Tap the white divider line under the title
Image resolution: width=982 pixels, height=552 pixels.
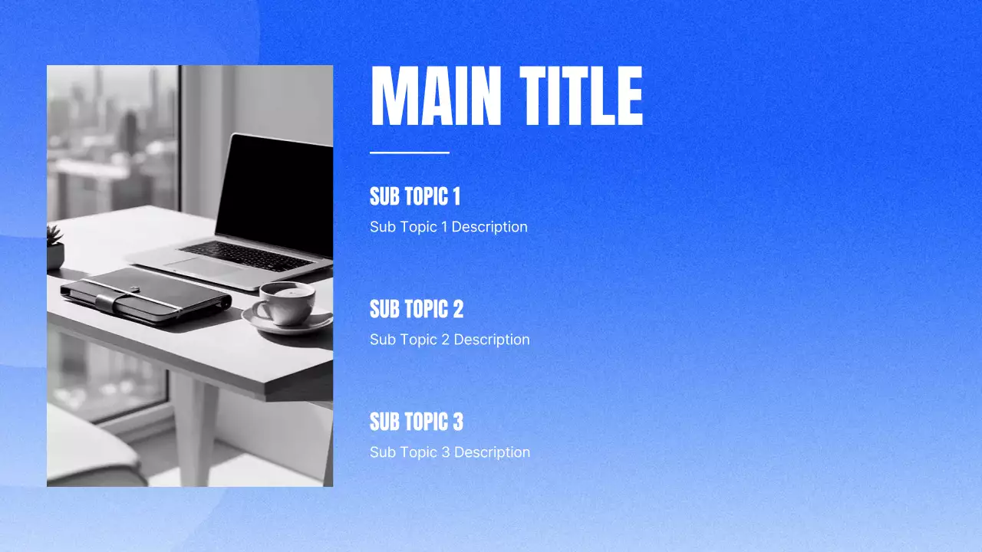click(409, 153)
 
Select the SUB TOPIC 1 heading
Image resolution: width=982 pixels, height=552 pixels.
click(414, 197)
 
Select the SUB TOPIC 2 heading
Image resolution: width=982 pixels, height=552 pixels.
click(417, 310)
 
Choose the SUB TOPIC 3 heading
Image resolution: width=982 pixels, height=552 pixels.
click(417, 422)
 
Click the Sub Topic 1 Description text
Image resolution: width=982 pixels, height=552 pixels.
click(448, 227)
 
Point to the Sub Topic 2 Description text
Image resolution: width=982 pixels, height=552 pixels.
click(450, 340)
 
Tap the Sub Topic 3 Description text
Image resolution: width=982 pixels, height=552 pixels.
click(450, 452)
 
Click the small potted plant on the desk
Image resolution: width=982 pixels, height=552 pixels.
click(54, 248)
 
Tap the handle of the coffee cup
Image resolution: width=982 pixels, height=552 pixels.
click(259, 310)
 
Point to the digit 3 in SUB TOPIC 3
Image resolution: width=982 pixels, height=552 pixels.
click(457, 422)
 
